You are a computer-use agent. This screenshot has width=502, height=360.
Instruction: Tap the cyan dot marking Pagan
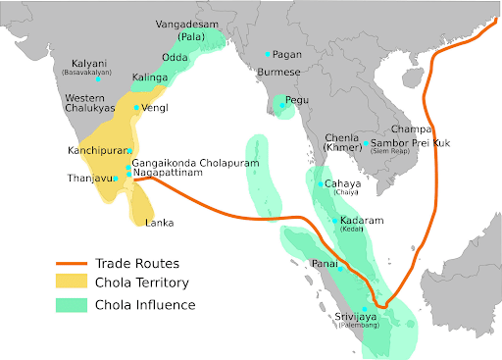point(267,54)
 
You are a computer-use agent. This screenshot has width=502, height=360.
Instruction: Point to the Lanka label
point(160,223)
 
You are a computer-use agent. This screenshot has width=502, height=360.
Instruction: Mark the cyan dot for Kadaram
point(334,221)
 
